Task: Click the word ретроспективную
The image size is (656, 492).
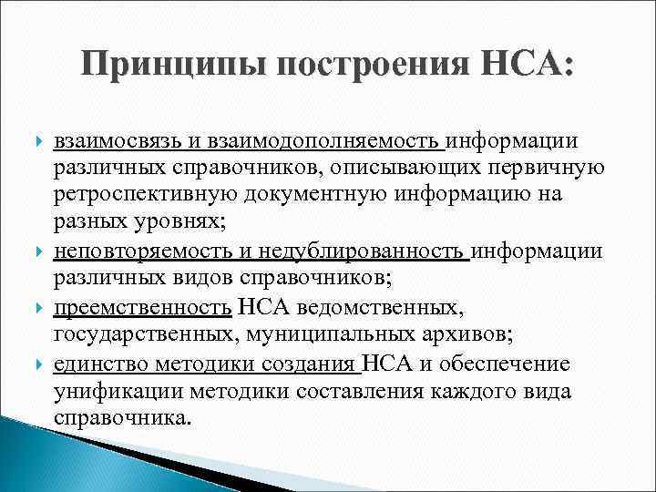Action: tap(140, 195)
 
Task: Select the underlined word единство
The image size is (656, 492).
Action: tap(97, 365)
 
